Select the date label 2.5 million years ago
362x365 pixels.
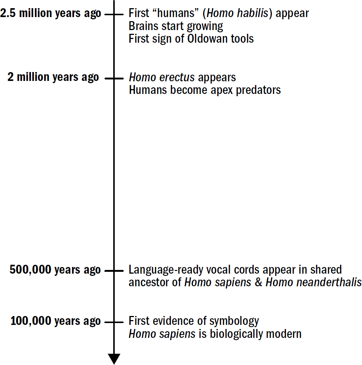(x=50, y=14)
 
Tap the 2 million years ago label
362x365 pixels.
(x=53, y=77)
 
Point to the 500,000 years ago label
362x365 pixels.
(x=55, y=270)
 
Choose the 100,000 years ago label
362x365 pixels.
(x=56, y=321)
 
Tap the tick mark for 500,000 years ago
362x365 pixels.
(x=114, y=271)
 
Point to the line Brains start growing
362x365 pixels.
(x=176, y=26)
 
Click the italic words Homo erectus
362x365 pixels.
(x=162, y=77)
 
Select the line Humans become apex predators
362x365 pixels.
(x=205, y=90)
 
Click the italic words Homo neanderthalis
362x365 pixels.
(x=313, y=283)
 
